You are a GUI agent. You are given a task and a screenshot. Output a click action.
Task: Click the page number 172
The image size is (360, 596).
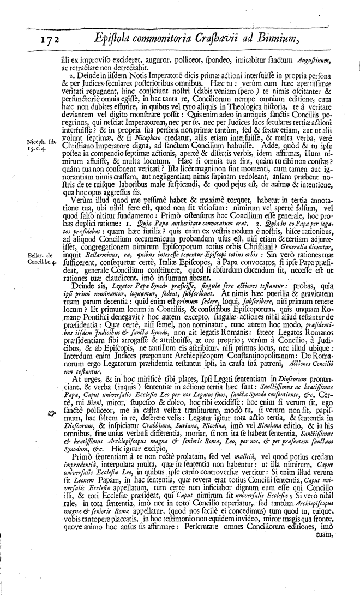[50, 39]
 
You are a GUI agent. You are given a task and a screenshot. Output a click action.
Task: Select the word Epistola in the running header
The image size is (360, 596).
[115, 38]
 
